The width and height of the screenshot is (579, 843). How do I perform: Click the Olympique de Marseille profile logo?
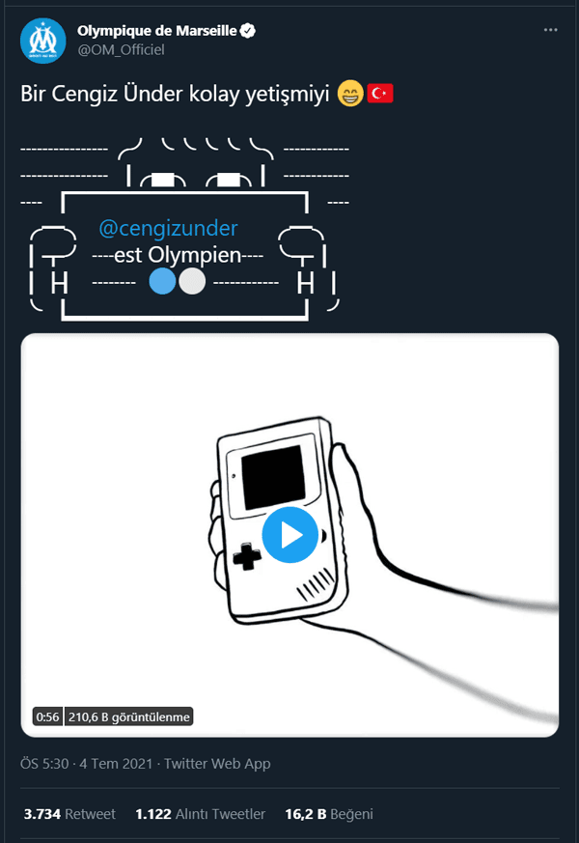[43, 41]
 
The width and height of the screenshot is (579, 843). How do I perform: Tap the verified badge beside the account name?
[248, 31]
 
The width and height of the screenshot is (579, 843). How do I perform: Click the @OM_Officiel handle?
[121, 50]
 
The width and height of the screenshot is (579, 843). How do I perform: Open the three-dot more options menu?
[551, 30]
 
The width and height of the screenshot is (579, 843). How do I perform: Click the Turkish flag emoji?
[380, 94]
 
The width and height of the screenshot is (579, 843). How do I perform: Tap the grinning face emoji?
[350, 94]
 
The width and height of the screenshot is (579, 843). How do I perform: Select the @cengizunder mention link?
[168, 229]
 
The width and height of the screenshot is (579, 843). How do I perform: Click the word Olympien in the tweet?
[194, 255]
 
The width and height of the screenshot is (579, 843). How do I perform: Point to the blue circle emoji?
[162, 281]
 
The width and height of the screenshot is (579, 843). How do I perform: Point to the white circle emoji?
[192, 281]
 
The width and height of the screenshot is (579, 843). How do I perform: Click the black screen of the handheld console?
[274, 477]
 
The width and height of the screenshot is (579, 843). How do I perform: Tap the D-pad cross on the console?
[246, 556]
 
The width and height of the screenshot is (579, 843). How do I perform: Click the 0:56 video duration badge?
[47, 717]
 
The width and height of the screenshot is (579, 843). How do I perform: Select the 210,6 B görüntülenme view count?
[129, 717]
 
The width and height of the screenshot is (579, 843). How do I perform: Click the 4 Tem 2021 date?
[116, 764]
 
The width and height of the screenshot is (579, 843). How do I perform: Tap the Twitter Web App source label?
[217, 764]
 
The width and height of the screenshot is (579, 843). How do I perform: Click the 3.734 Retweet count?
[69, 814]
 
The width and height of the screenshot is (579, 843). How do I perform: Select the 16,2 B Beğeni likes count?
[329, 814]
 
